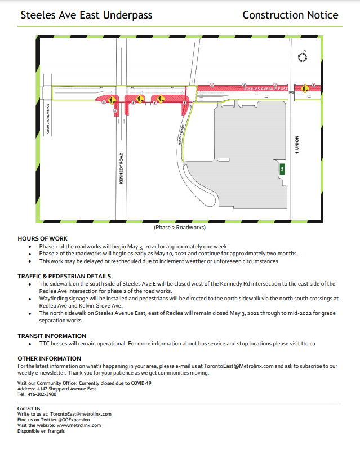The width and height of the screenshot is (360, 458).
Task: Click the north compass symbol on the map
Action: pyautogui.click(x=303, y=56)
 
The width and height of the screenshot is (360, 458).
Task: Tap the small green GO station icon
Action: pyautogui.click(x=281, y=169)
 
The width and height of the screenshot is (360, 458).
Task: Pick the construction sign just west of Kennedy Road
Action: pyautogui.click(x=111, y=100)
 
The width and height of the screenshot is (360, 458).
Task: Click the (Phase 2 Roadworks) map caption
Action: pyautogui.click(x=180, y=228)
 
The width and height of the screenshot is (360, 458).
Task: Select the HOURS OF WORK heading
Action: pyautogui.click(x=42, y=239)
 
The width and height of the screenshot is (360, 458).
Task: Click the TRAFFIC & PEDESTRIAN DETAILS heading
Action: pyautogui.click(x=64, y=276)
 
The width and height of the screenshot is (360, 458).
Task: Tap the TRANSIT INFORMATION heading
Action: pyautogui.click(x=52, y=336)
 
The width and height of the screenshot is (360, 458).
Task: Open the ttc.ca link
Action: pyautogui.click(x=308, y=343)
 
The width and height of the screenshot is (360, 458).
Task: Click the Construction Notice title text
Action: pyautogui.click(x=290, y=15)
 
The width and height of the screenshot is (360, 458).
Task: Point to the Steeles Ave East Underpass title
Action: pyautogui.click(x=86, y=15)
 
